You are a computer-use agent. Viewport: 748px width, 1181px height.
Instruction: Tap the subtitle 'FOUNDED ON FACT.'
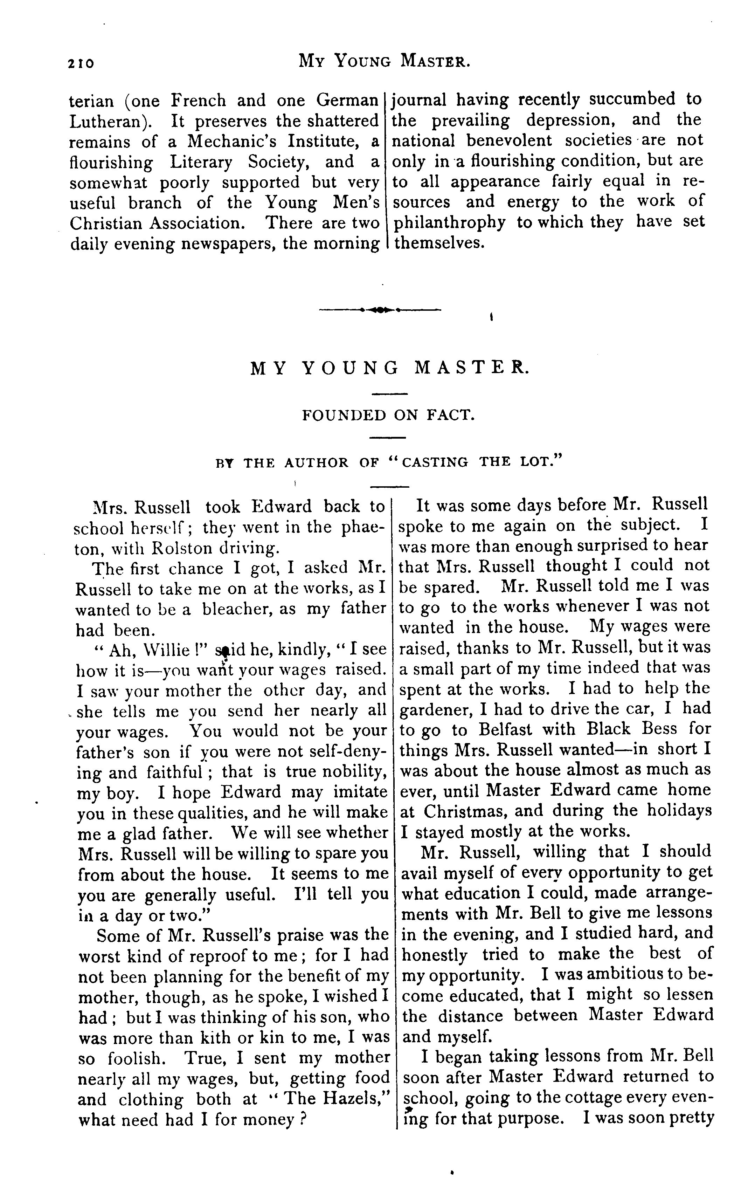[x=388, y=416]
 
